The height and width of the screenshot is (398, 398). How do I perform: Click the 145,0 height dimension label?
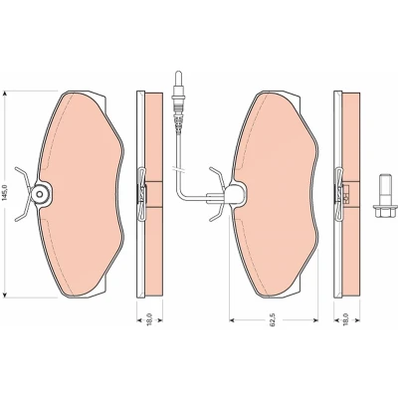point(4,194)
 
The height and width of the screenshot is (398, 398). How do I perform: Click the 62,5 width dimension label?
point(273,320)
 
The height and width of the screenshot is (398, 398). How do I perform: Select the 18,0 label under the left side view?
point(149,319)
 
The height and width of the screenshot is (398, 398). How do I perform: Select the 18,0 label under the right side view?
point(345,319)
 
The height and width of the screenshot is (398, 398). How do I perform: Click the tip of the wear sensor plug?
point(178,73)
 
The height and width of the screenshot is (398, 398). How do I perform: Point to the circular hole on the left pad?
point(40,194)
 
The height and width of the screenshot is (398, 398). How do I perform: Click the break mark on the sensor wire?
point(178,169)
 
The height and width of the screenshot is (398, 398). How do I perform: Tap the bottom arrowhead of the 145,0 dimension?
point(5,294)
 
